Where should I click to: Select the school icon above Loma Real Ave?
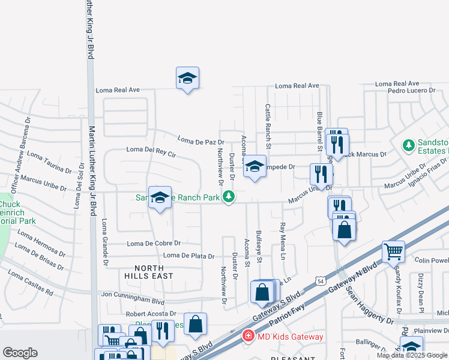[187, 78]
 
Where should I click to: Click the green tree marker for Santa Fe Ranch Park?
[228, 196]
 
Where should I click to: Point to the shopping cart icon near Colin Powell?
[393, 251]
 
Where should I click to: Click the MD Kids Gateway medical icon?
[247, 337]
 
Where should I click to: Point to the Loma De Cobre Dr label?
[154, 243]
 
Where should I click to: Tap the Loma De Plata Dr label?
[188, 256]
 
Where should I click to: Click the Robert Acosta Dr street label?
[151, 314]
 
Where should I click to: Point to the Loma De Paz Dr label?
[200, 141]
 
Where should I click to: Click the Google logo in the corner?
[20, 353]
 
